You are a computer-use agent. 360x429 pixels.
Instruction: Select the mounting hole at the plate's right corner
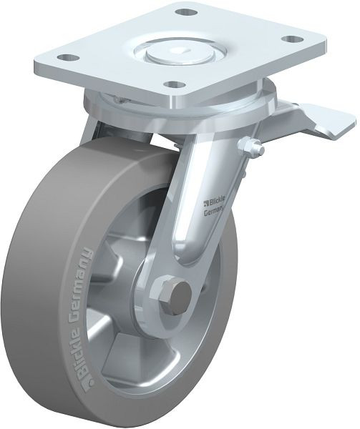(293, 39)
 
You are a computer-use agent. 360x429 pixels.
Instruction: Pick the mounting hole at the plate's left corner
(67, 58)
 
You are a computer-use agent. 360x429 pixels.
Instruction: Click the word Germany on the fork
(215, 211)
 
